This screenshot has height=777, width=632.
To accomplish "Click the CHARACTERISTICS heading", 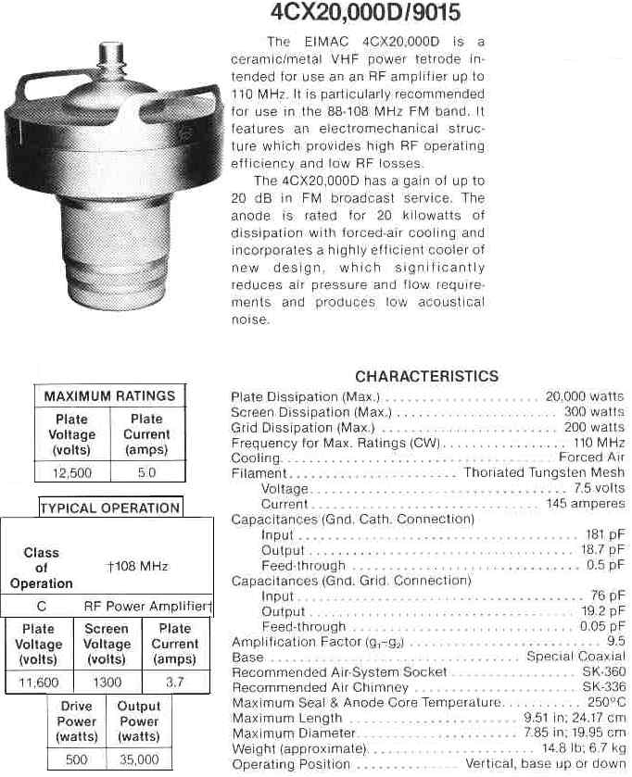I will coord(426,376).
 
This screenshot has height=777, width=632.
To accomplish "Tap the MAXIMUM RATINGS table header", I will coord(109,396).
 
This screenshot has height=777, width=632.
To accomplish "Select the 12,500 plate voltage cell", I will coord(71,472).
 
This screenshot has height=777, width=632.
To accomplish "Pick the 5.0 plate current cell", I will coord(146,472).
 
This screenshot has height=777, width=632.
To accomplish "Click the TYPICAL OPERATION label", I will coord(110,508).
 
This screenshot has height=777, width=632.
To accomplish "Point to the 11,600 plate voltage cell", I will coord(40,683).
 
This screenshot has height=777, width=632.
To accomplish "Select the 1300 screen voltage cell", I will coord(107,683).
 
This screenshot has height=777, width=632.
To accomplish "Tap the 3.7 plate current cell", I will coord(174,683).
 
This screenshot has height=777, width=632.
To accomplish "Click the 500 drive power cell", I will coord(77,759).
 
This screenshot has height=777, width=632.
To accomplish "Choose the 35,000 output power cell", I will coord(139,759).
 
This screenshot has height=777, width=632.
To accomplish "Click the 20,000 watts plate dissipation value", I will coord(585,396).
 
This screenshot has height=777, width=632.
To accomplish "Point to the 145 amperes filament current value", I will coord(586,504).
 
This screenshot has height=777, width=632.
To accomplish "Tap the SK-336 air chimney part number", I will coord(603,688).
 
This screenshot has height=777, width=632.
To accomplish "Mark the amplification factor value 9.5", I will coord(615,642).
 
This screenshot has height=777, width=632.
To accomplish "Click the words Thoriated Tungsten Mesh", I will coord(544,473).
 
